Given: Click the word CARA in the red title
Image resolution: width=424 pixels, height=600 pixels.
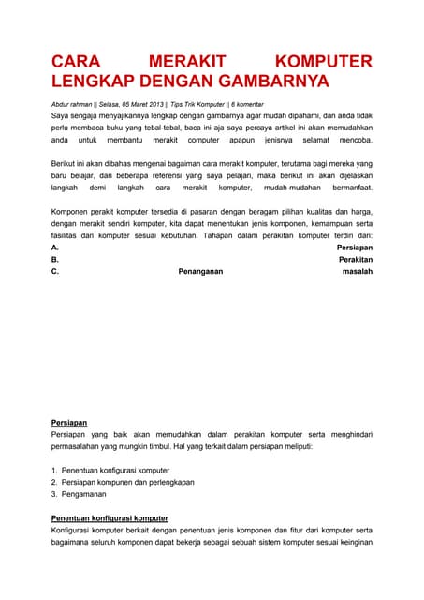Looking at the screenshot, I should click(76, 62).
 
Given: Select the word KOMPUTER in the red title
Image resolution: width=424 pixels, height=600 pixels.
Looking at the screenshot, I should click(320, 62).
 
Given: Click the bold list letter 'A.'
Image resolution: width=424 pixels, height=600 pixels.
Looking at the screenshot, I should click(55, 247).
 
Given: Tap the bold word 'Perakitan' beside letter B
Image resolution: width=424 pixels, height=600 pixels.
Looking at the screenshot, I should click(355, 259).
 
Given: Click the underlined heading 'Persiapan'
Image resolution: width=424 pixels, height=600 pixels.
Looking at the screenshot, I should click(69, 423).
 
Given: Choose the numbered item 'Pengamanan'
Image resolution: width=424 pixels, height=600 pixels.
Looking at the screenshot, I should click(86, 493).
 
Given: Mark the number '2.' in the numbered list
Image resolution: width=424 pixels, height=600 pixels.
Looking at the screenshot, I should click(54, 481).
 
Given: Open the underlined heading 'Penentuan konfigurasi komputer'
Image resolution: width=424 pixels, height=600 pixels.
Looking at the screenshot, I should click(110, 517).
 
